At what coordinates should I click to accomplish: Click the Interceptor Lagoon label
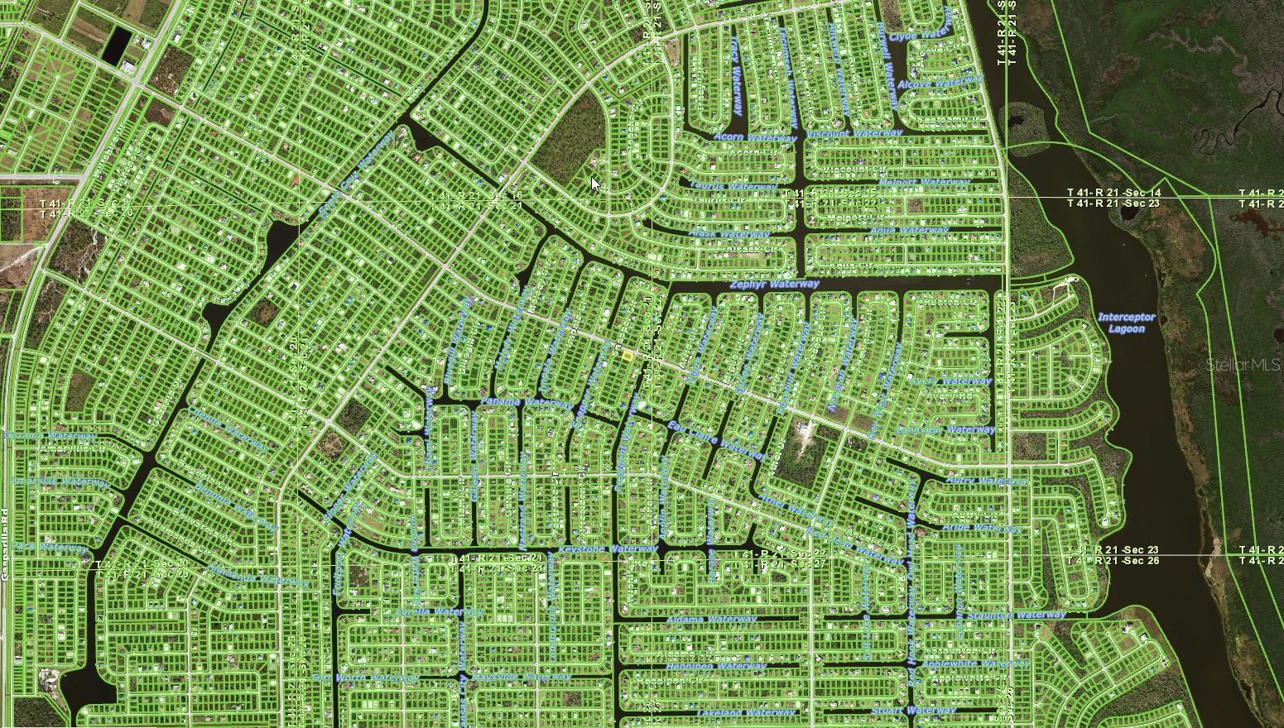[x=1126, y=323]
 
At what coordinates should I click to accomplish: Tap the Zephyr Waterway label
[x=774, y=285]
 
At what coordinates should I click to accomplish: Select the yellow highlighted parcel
[x=627, y=355]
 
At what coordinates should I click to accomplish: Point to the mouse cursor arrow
[x=595, y=184]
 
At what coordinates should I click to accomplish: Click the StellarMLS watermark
[x=1243, y=365]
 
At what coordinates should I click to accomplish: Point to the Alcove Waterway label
[x=940, y=83]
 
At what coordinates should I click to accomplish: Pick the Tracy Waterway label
[x=735, y=79]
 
